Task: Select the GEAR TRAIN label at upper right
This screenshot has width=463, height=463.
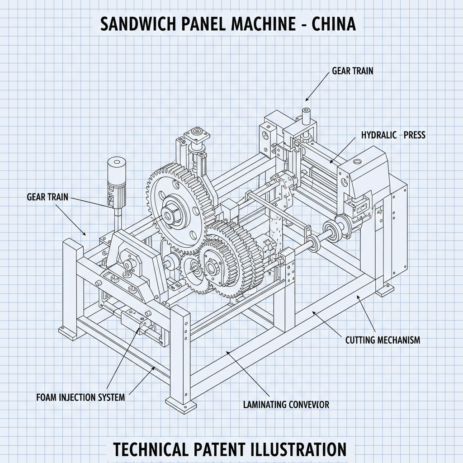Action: point(352,71)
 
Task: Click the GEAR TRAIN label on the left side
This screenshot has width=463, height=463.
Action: point(47,197)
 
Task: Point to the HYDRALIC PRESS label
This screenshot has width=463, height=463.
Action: point(393,135)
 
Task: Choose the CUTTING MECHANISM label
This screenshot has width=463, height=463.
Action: point(383,340)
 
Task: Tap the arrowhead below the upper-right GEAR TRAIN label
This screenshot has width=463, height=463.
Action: point(307,99)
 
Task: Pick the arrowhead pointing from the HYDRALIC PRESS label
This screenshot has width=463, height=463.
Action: point(331,161)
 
